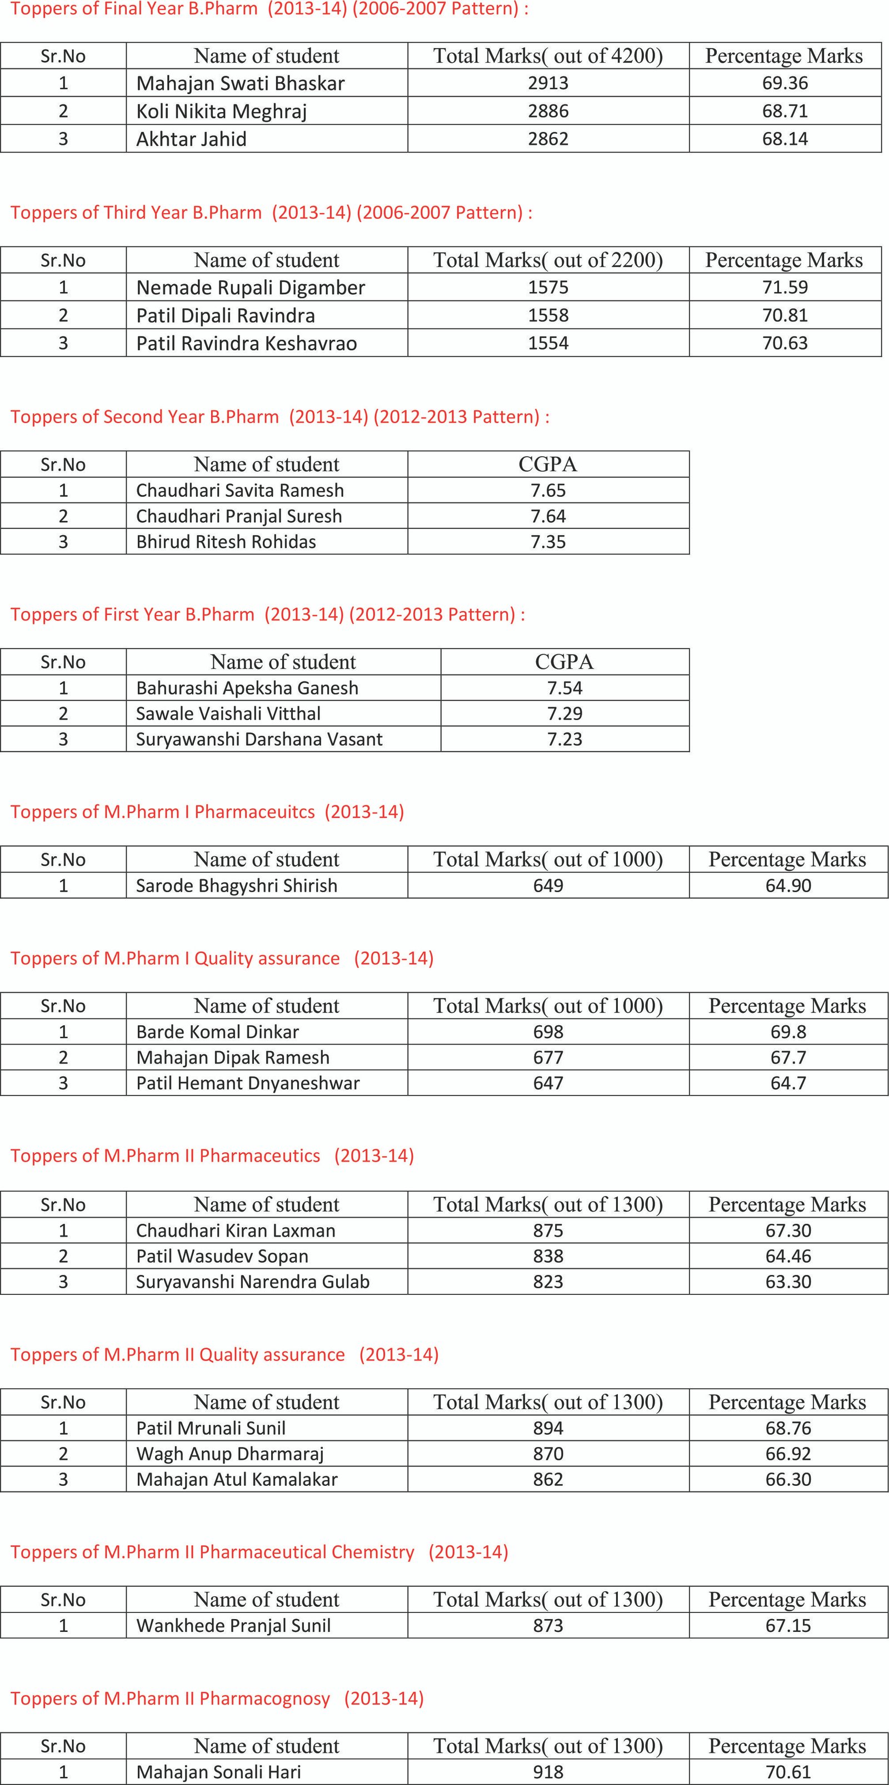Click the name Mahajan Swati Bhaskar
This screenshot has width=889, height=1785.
(x=240, y=83)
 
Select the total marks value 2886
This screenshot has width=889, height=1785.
(x=548, y=111)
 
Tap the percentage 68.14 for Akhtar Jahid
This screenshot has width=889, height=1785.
(x=785, y=139)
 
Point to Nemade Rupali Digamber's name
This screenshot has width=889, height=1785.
(x=251, y=288)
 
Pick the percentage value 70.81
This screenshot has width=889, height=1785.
(x=785, y=315)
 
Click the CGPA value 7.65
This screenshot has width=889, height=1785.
(x=548, y=491)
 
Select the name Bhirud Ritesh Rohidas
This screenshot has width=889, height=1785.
(x=226, y=542)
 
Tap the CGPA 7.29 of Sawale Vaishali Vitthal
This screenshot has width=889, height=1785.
(x=565, y=714)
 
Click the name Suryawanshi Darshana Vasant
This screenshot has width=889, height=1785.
(x=259, y=739)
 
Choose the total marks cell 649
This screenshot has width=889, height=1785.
(x=548, y=886)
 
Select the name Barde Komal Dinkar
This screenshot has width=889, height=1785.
(x=217, y=1032)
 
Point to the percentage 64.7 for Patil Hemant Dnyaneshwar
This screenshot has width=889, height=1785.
(x=788, y=1083)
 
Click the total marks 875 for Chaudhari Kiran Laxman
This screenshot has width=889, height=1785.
(x=548, y=1231)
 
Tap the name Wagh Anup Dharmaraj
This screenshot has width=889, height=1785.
(x=229, y=1454)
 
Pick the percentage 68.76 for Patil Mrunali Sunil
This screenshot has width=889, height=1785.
(x=788, y=1428)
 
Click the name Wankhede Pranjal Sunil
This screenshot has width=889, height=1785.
(x=233, y=1626)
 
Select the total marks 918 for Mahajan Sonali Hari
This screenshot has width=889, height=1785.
(x=548, y=1772)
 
